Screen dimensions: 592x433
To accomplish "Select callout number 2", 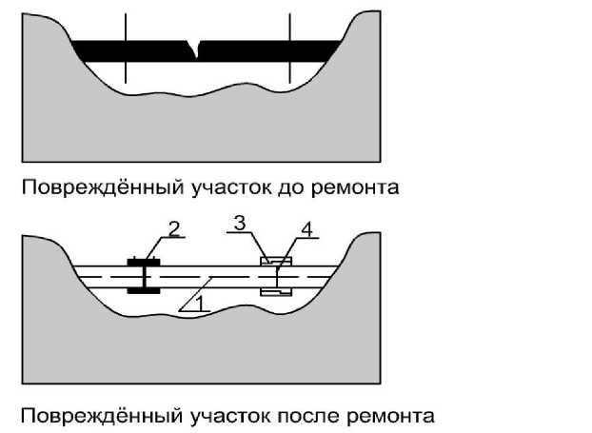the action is point(173,228).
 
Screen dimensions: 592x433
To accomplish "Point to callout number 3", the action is point(241,224).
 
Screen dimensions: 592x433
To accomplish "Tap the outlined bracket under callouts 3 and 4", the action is point(276,276).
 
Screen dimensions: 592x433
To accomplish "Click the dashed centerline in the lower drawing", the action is point(209,275).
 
